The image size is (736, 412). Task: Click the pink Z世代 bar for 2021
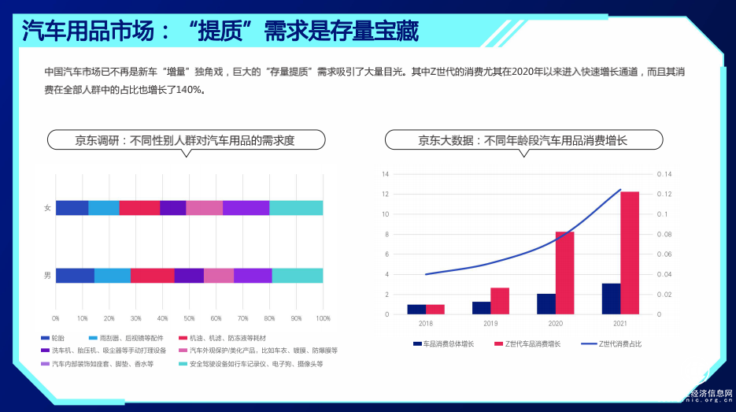630,252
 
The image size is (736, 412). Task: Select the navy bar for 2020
546,304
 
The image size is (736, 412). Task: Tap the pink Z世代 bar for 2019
500,301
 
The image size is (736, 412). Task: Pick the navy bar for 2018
416,309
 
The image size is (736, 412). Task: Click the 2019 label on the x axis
490,323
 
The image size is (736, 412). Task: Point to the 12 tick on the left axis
386,194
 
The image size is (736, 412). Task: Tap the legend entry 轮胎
57,338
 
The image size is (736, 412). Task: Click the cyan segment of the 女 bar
296,207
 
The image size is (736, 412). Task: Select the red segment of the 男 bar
152,275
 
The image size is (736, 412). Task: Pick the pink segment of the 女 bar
204,207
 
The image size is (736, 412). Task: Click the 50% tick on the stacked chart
189,319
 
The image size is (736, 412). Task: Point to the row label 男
47,275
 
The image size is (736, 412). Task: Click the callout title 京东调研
184,141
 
